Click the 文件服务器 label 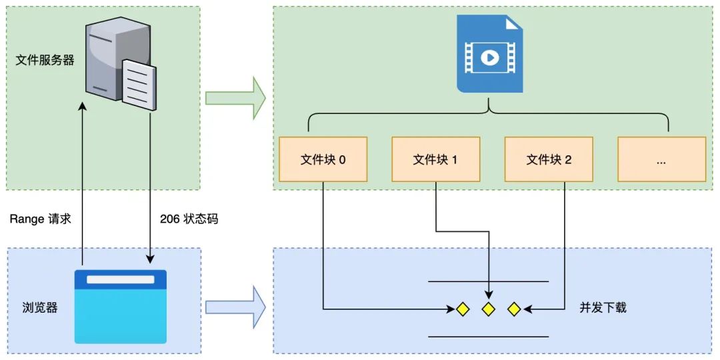point(45,61)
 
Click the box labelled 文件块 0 point(323,159)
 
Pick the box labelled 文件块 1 point(435,159)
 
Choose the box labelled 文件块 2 point(549,159)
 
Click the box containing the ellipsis point(661,159)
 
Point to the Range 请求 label point(40,219)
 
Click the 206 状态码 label point(189,219)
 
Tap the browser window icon point(120,307)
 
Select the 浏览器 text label point(40,308)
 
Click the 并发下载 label point(603,308)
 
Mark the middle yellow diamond point(489,309)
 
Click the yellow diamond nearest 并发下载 point(514,309)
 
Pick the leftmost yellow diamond point(463,309)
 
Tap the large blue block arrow point(235,307)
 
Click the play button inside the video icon point(489,58)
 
